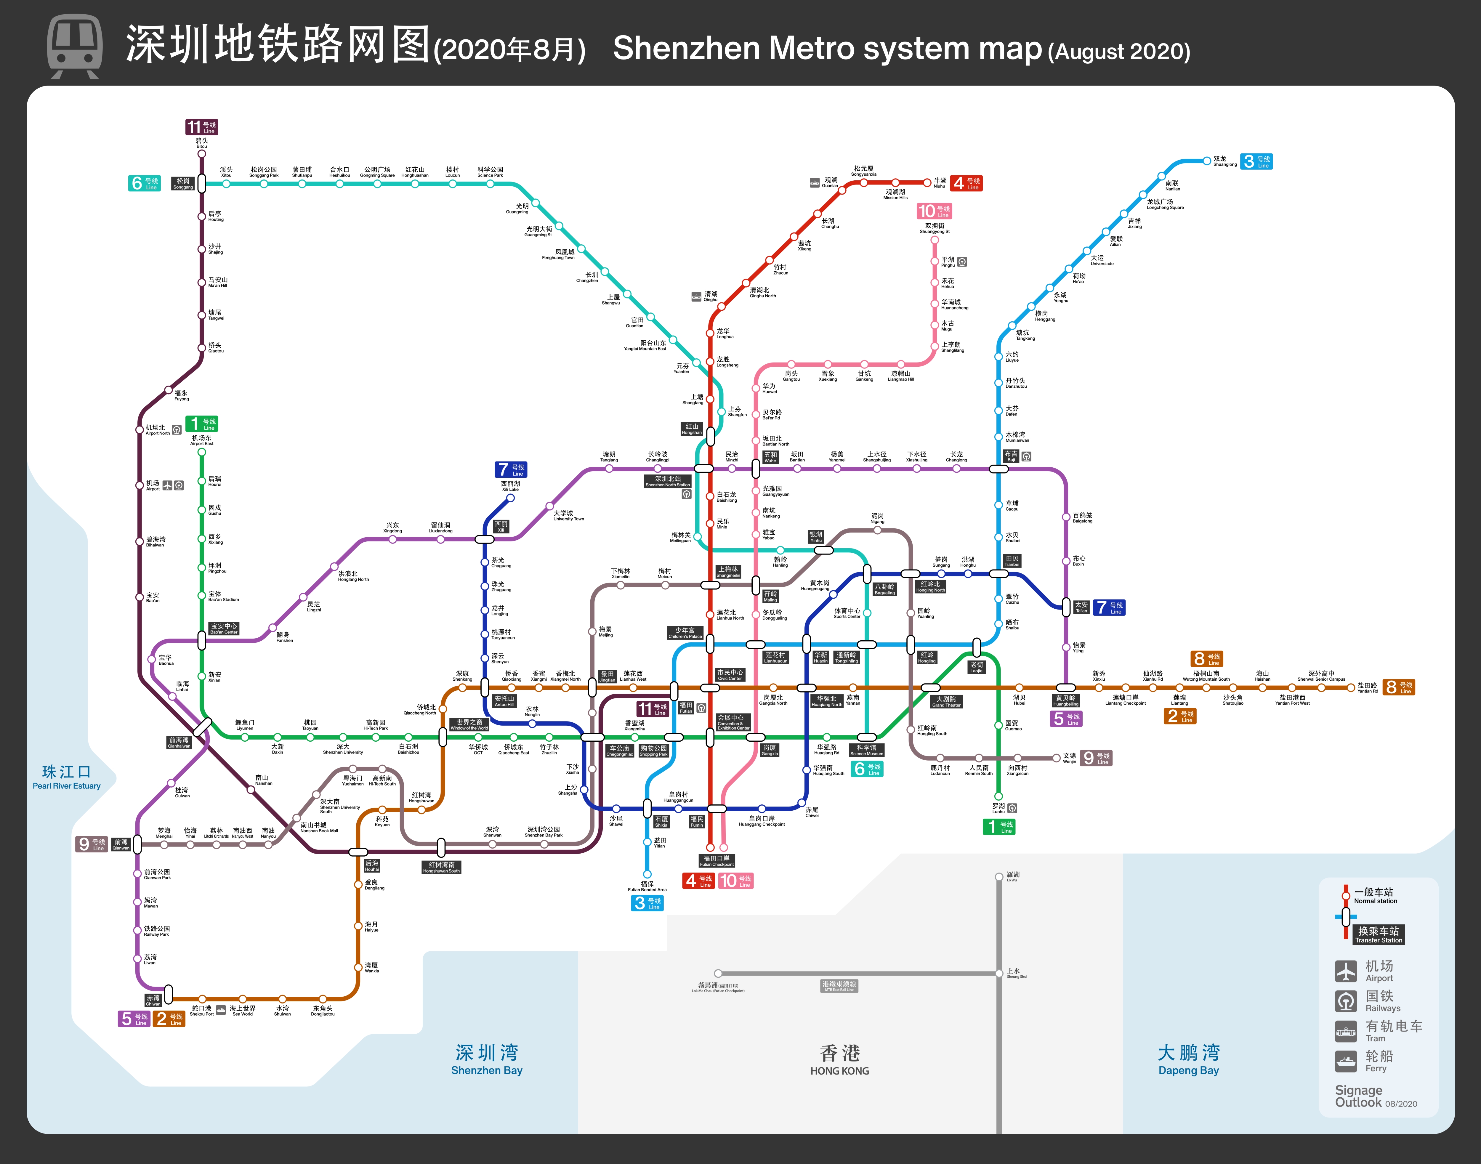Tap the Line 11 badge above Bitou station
pyautogui.click(x=202, y=127)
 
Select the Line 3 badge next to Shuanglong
pyautogui.click(x=1256, y=161)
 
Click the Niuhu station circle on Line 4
pyautogui.click(x=927, y=183)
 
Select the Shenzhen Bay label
pyautogui.click(x=487, y=1059)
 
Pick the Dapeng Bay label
pyautogui.click(x=1189, y=1059)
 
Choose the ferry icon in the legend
pyautogui.click(x=1345, y=1060)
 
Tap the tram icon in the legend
pyautogui.click(x=1345, y=1030)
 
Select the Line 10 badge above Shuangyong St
pyautogui.click(x=934, y=211)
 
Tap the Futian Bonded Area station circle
pyautogui.click(x=647, y=874)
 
